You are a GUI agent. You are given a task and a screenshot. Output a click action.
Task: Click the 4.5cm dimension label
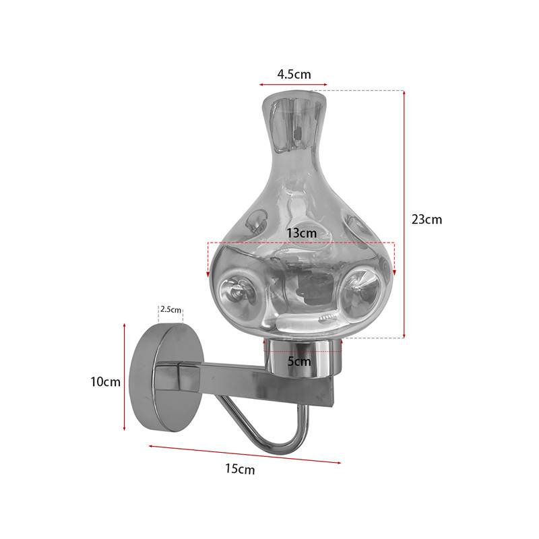tap(293, 73)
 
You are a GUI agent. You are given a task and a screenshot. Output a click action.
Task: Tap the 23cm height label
tap(426, 219)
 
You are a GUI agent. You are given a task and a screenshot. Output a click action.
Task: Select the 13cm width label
tap(301, 232)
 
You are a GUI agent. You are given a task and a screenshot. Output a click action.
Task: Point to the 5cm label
tap(299, 361)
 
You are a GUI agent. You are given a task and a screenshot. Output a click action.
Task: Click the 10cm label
tap(105, 382)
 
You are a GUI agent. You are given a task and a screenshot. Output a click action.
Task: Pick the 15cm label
tap(240, 470)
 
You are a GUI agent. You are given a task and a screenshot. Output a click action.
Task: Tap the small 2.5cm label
tap(170, 310)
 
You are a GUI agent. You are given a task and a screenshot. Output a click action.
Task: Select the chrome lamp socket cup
tap(303, 357)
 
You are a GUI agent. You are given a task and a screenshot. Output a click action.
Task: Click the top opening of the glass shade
tap(294, 101)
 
